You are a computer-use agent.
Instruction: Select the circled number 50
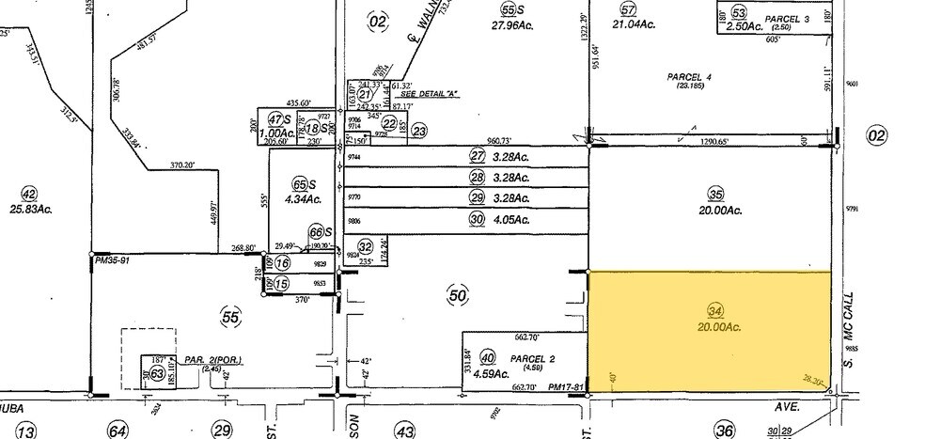[x=458, y=296]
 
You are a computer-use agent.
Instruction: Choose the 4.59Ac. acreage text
[x=489, y=373]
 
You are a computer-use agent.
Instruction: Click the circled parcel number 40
[x=487, y=357]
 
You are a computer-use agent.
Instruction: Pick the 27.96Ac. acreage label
[x=511, y=27]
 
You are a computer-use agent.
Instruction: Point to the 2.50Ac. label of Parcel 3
[x=742, y=27]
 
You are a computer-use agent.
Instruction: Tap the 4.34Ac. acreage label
[x=301, y=198]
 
